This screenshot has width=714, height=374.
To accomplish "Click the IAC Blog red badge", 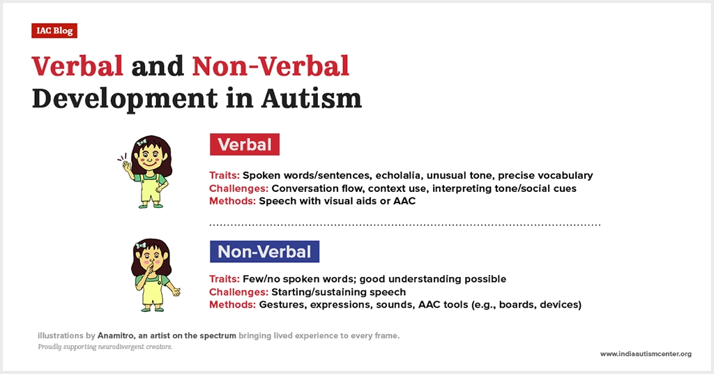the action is [54, 31].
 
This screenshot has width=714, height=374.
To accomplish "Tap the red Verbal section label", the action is [245, 144].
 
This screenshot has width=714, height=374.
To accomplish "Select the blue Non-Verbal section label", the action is [264, 251].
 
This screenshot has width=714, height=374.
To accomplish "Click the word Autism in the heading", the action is [312, 98].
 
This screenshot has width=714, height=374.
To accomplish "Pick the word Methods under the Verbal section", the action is [232, 201].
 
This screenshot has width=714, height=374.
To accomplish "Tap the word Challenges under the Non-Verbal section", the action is [238, 292].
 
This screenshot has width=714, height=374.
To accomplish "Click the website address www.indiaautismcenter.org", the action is [646, 354].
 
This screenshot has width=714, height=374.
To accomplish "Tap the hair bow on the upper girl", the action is [141, 142].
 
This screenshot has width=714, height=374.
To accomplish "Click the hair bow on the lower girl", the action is [141, 246].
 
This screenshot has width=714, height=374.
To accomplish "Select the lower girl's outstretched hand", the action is [175, 291].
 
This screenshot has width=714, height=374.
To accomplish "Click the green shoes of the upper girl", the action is [151, 206].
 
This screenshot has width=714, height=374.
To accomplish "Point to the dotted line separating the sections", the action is [405, 225].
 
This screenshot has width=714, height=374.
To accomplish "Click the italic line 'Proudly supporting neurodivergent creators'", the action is [105, 347].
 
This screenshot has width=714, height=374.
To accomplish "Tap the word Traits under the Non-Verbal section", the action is [225, 279].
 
